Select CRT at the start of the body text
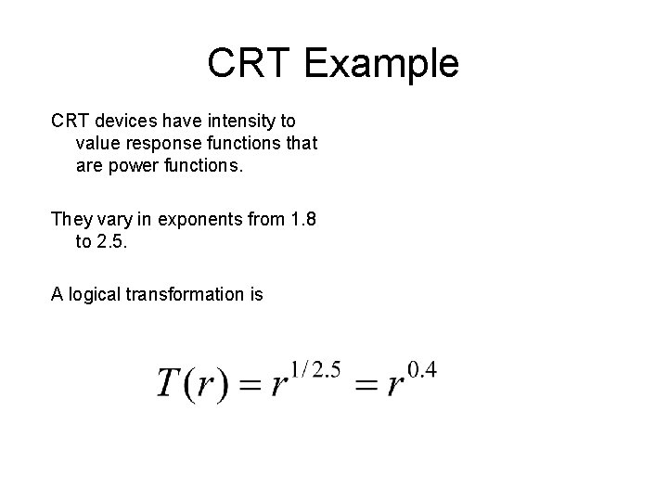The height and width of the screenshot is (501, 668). [69, 122]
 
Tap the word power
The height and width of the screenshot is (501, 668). [135, 166]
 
